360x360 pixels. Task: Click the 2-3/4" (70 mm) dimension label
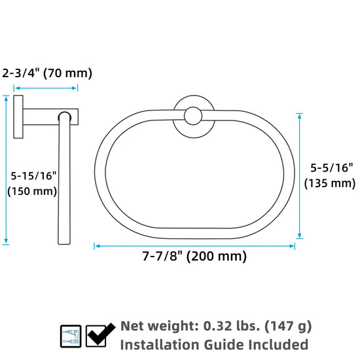click(47, 73)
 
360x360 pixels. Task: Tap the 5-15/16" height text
click(33, 176)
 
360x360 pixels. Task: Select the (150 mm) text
click(32, 191)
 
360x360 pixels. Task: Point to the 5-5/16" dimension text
click(332, 168)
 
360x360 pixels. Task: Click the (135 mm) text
click(330, 183)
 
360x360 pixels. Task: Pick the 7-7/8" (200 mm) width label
click(194, 256)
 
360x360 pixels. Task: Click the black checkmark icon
click(101, 334)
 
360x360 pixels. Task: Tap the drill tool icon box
click(71, 336)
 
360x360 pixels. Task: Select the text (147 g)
click(288, 327)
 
